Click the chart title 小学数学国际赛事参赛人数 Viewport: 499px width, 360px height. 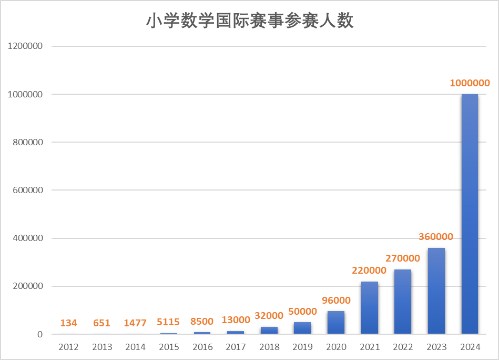coord(249,21)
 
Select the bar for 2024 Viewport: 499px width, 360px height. coord(470,214)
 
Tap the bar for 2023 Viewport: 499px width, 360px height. coord(436,291)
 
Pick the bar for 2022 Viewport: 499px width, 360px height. coord(403,302)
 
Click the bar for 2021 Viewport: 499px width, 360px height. coord(369,307)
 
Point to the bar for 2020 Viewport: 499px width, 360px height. coord(335,322)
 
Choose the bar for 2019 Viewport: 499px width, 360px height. coord(302,328)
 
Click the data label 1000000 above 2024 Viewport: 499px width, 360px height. coord(470,83)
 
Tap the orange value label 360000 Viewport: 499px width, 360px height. coord(436,237)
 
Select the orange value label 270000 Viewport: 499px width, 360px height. coord(403,258)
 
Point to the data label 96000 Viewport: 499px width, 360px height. coord(335,300)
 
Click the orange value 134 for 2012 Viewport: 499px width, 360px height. coord(68,323)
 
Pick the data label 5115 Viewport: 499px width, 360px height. coord(169,323)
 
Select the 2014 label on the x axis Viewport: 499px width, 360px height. coord(135,347)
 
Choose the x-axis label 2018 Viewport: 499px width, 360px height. coord(269,347)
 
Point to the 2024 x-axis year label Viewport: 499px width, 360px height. coord(470,347)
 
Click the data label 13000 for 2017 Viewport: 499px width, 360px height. coord(236,320)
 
